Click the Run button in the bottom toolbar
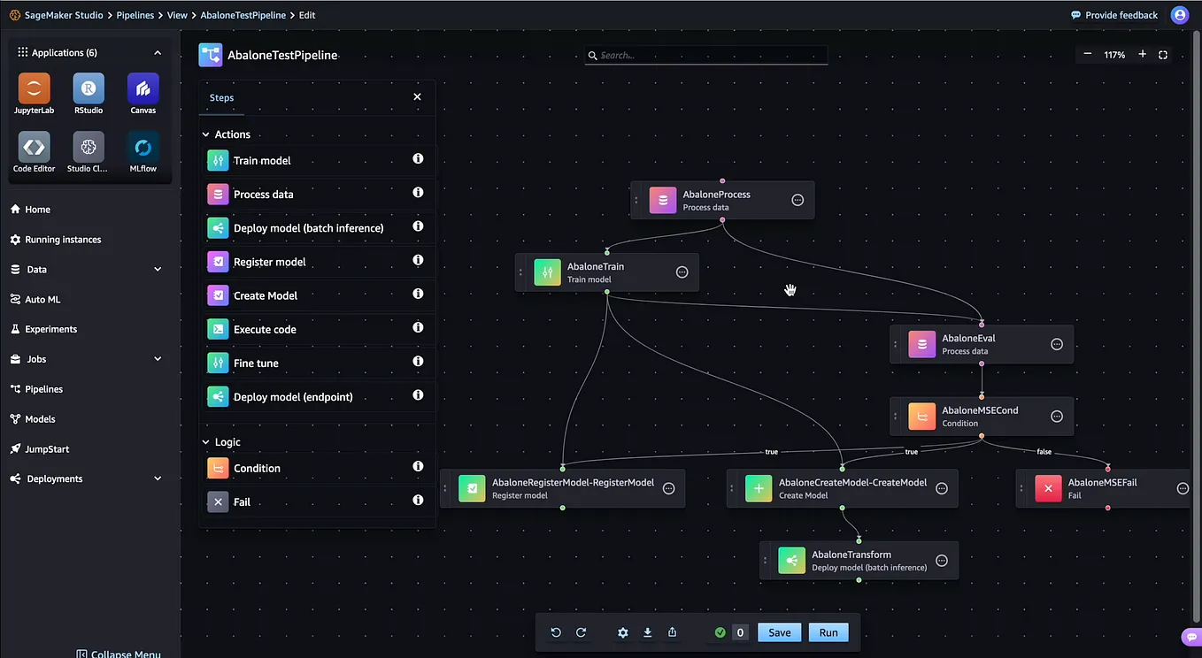pyautogui.click(x=828, y=632)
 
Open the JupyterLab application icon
pyautogui.click(x=34, y=88)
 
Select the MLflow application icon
pyautogui.click(x=143, y=147)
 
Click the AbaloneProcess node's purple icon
pyautogui.click(x=663, y=201)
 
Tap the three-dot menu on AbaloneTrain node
pyautogui.click(x=682, y=272)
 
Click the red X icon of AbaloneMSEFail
pyautogui.click(x=1049, y=488)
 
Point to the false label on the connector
pyautogui.click(x=1044, y=452)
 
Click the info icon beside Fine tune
pyautogui.click(x=418, y=361)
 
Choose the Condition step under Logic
pyautogui.click(x=257, y=468)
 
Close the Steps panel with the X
pyautogui.click(x=418, y=97)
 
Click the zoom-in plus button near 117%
pyautogui.click(x=1143, y=55)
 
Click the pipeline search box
pyautogui.click(x=708, y=55)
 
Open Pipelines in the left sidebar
pyautogui.click(x=43, y=389)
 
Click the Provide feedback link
pyautogui.click(x=1114, y=15)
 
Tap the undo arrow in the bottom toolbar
pyautogui.click(x=556, y=632)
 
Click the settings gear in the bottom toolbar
pyautogui.click(x=623, y=632)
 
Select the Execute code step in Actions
pyautogui.click(x=265, y=329)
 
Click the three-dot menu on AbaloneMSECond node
pyautogui.click(x=1056, y=417)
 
